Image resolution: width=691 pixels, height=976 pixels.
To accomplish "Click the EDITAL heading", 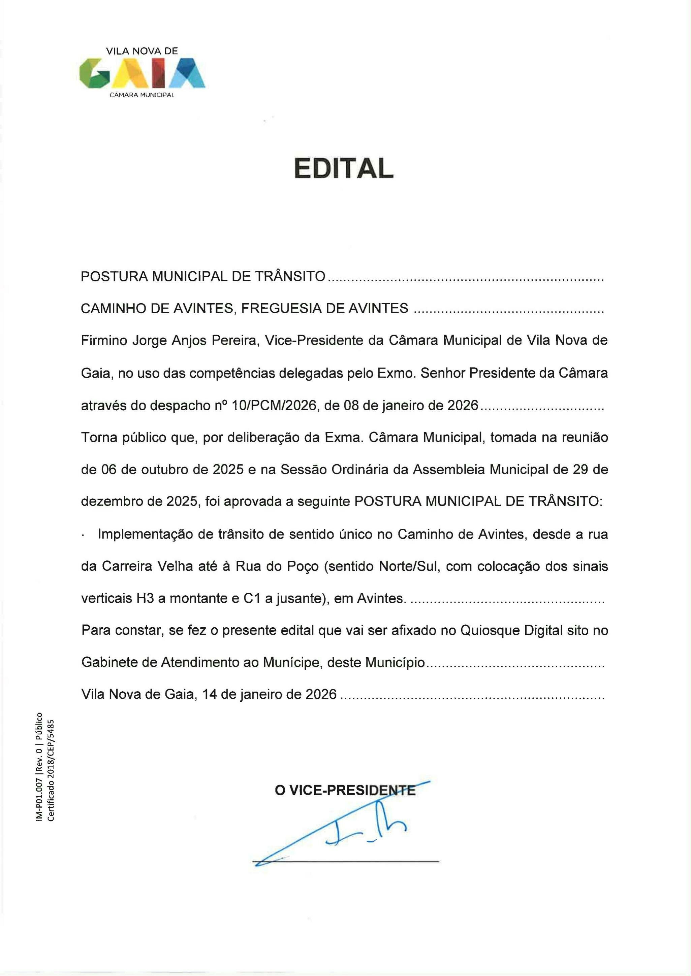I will tap(344, 169).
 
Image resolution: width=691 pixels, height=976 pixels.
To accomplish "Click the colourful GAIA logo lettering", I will tap(142, 73).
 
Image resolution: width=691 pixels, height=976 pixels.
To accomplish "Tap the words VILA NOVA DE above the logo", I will tap(142, 51).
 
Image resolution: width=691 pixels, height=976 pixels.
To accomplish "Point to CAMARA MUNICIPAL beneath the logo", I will tap(142, 95).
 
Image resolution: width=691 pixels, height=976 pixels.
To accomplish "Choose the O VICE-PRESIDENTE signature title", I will tap(345, 791).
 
